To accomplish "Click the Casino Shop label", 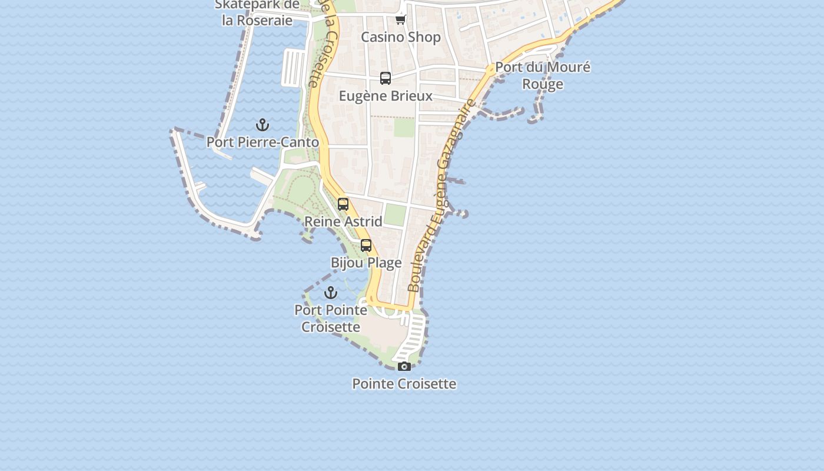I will coord(400,37).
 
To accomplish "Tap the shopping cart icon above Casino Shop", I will coord(400,19).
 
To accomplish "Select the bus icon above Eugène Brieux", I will coord(386,78).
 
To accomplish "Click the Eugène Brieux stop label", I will coord(386,96).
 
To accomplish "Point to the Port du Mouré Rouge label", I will coord(542,75).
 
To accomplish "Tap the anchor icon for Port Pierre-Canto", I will coord(263,125).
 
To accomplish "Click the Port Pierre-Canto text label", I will coord(263,142).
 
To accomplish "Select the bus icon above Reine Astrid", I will coord(343,204).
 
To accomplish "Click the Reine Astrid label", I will coord(343,221).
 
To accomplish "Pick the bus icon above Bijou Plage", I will coord(366,246).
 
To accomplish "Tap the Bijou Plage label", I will coord(366,263).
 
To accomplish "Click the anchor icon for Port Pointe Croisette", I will coord(331,293).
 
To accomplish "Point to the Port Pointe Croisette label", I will coord(331,318).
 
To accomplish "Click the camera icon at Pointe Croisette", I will coord(404,367).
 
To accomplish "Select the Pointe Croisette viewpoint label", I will coord(404,384).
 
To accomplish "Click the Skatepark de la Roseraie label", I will coord(257,12).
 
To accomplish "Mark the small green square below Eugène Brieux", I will coord(404,127).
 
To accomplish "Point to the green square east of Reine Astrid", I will coord(395,215).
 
